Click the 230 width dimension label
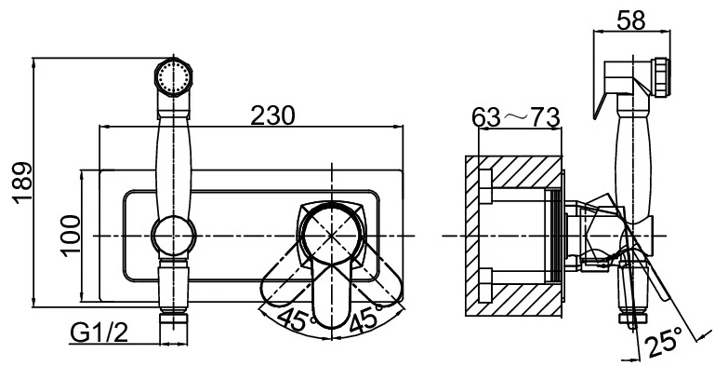point(272,115)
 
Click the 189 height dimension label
point(23,183)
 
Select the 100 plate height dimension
point(70,236)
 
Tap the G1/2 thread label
point(99,332)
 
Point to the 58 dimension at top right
point(631,20)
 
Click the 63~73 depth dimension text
point(516,117)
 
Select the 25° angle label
point(665,343)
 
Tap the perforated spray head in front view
point(174,76)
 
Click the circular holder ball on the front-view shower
point(174,236)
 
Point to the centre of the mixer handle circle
point(331,236)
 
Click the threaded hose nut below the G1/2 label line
point(174,328)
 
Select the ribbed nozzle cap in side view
point(662,77)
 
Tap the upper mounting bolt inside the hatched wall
point(484,186)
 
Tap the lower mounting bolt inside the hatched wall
point(484,285)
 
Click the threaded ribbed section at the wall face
point(555,236)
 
